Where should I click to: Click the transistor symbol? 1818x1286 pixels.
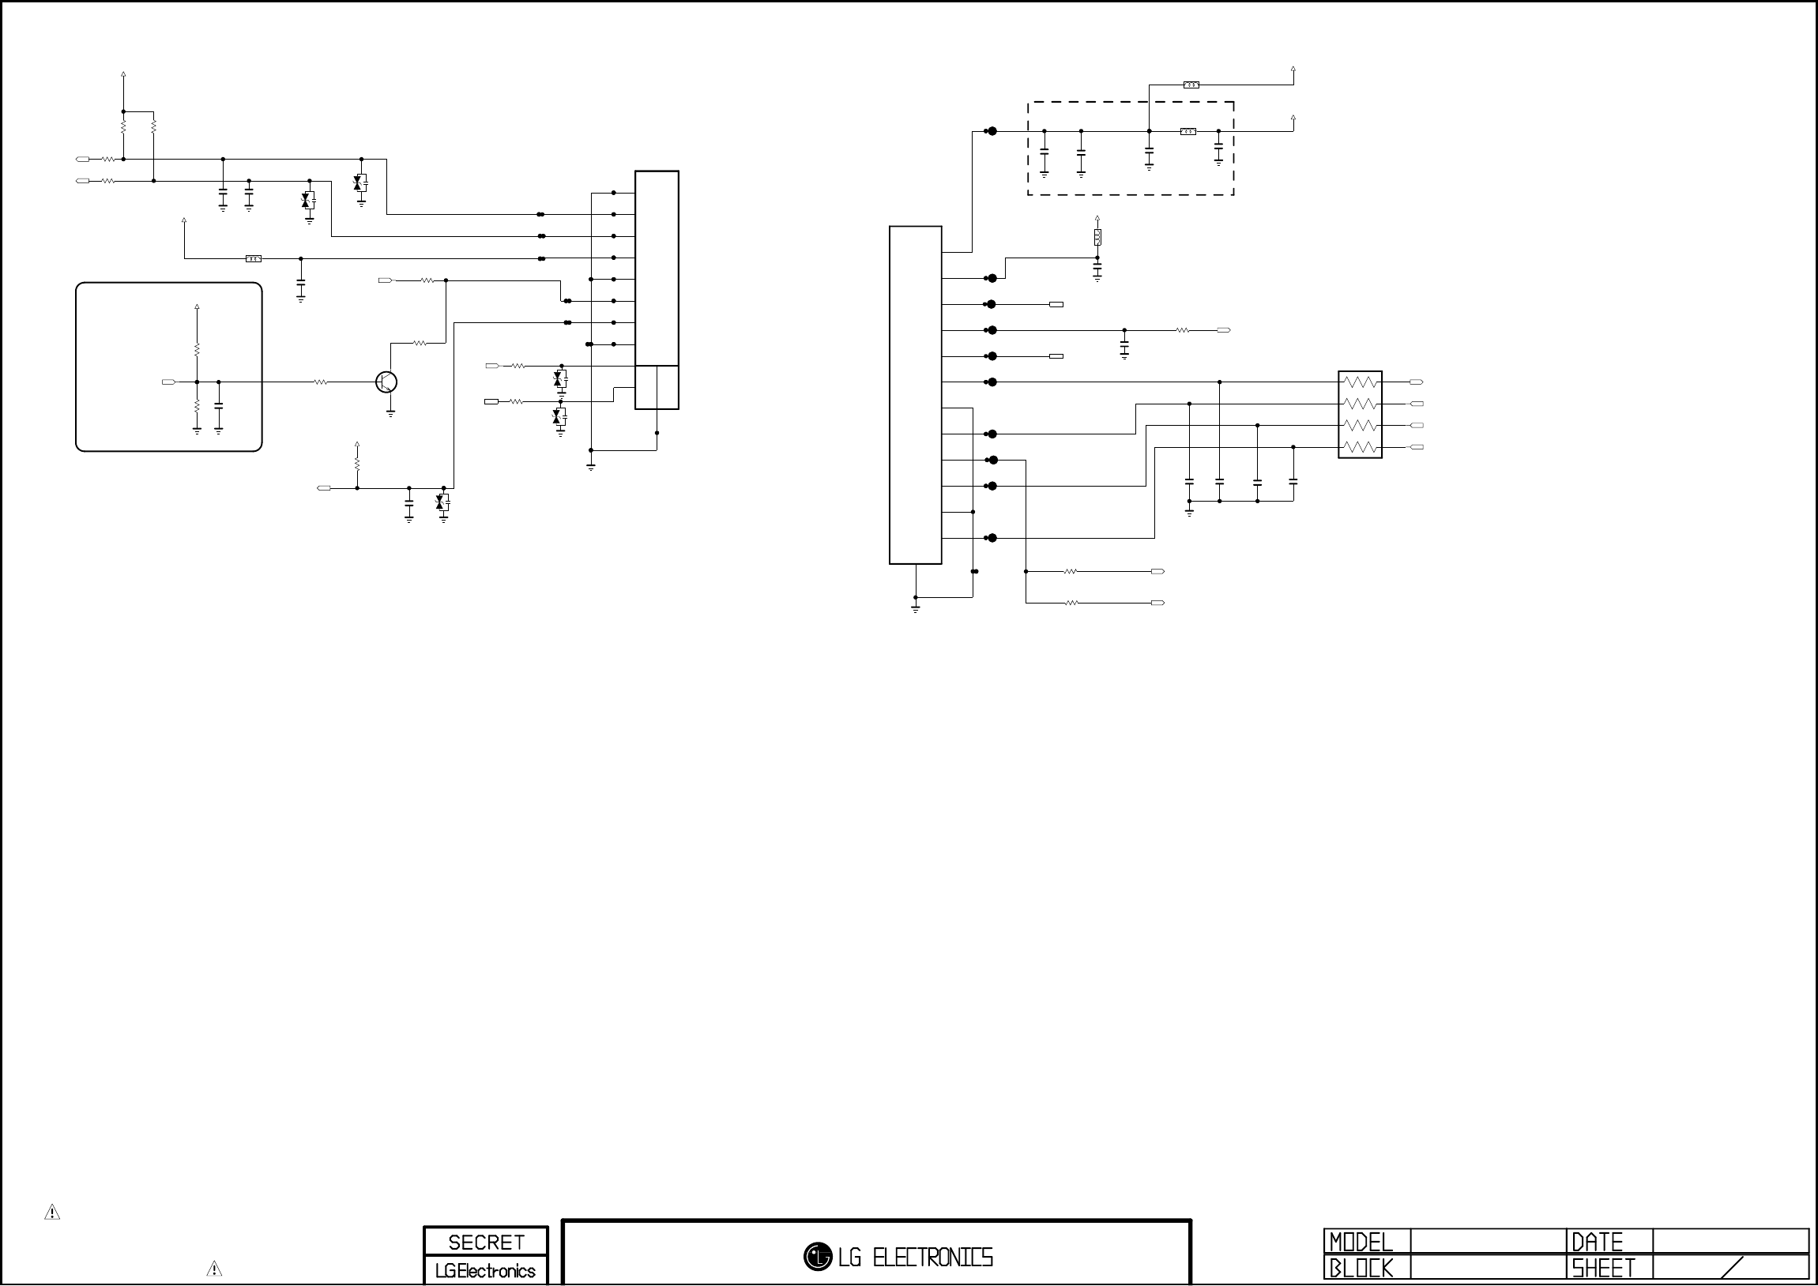[x=386, y=382]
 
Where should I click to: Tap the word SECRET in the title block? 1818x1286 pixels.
[x=486, y=1242]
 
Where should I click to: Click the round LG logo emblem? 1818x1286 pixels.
[x=817, y=1256]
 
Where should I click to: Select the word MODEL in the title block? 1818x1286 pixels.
[x=1361, y=1242]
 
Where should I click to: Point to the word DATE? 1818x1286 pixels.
[x=1597, y=1242]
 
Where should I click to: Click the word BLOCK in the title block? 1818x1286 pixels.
[x=1361, y=1268]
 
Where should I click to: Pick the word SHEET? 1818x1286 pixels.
[x=1602, y=1268]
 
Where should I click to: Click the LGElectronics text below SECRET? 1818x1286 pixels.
[x=485, y=1271]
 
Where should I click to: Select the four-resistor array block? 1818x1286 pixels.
[x=1360, y=415]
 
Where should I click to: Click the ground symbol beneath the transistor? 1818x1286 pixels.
[x=390, y=412]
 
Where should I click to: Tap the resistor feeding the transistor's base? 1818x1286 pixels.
[x=321, y=382]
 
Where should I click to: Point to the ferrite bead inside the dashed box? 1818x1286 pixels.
[x=1188, y=131]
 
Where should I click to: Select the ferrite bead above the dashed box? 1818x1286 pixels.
[x=1191, y=85]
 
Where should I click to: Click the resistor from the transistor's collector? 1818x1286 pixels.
[x=420, y=344]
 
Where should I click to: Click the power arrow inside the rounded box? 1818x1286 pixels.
[x=198, y=307]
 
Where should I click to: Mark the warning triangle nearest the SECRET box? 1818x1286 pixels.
[x=214, y=1269]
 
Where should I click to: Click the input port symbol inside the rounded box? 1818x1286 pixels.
[x=167, y=382]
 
